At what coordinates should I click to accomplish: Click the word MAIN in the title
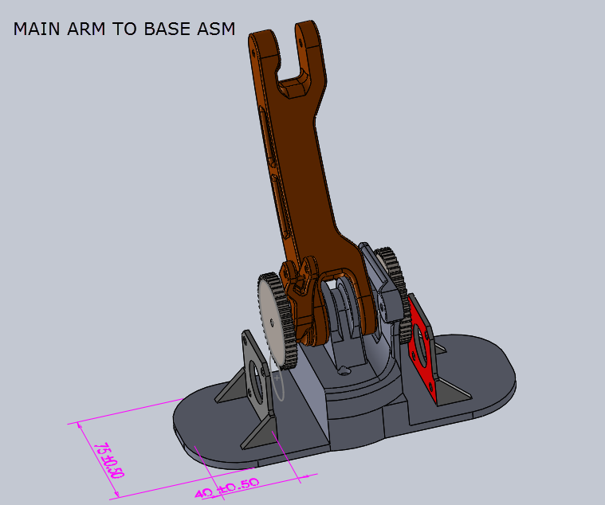[37, 29]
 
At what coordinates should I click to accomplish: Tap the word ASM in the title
[216, 29]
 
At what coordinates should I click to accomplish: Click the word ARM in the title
[86, 29]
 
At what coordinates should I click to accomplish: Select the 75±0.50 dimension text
[109, 460]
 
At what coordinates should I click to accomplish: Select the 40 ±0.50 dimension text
[226, 487]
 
